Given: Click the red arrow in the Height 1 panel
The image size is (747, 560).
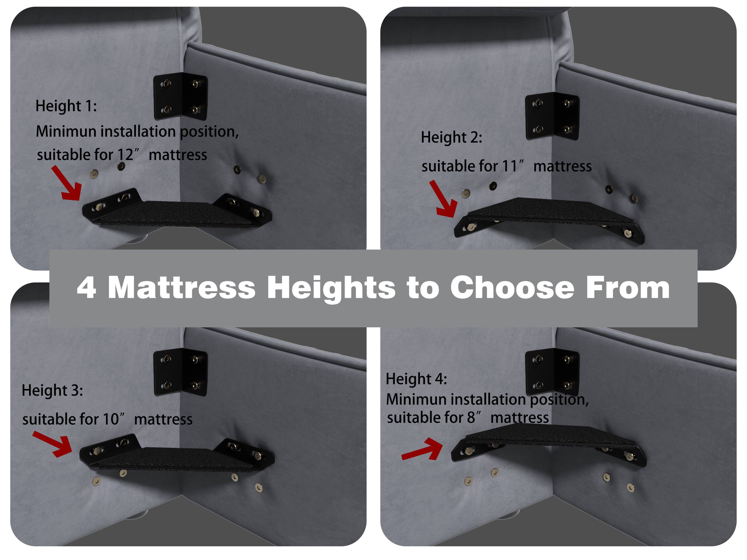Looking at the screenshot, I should pyautogui.click(x=67, y=184).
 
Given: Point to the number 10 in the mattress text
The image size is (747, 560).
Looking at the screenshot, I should pyautogui.click(x=111, y=420).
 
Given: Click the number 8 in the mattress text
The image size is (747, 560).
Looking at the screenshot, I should pyautogui.click(x=471, y=418).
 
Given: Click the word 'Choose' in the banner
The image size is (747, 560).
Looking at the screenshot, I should pyautogui.click(x=512, y=288).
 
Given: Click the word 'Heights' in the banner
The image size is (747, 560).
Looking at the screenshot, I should pyautogui.click(x=331, y=288).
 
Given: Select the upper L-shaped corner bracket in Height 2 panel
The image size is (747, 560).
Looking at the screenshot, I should pyautogui.click(x=552, y=117).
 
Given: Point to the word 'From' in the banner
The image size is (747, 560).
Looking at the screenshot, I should pyautogui.click(x=628, y=288).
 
